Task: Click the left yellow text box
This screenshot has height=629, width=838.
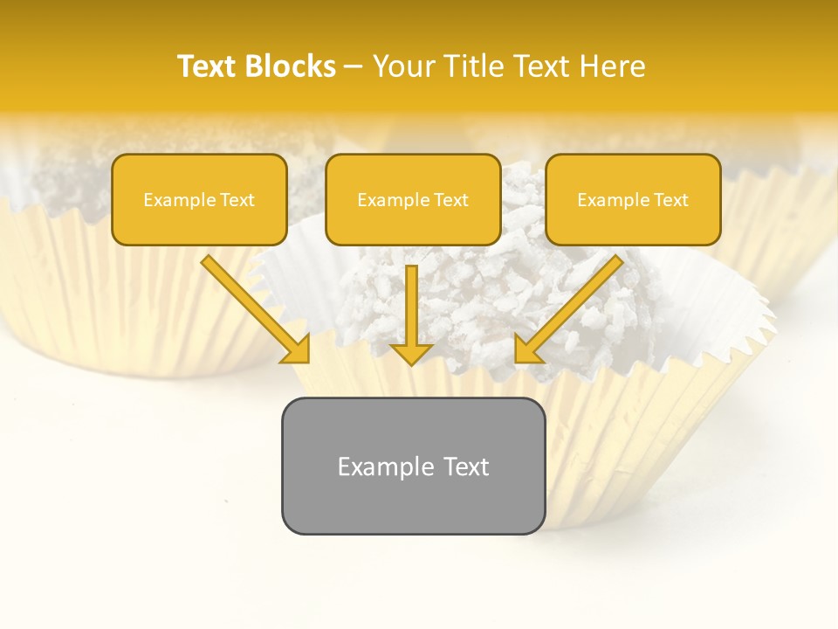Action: pos(199,200)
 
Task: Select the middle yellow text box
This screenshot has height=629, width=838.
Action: pos(413,200)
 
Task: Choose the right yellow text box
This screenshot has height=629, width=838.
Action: pos(633,200)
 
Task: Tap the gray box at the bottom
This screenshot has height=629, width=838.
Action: pos(413,466)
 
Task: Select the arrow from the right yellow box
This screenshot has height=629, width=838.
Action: pos(572,306)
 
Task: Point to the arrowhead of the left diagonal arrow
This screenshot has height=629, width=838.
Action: pos(297,349)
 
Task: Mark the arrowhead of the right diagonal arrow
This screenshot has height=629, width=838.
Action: pos(528,349)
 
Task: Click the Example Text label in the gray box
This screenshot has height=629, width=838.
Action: pos(413,467)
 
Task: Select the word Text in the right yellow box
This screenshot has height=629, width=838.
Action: pos(670,200)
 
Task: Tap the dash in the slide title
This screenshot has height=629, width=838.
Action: pos(354,66)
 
